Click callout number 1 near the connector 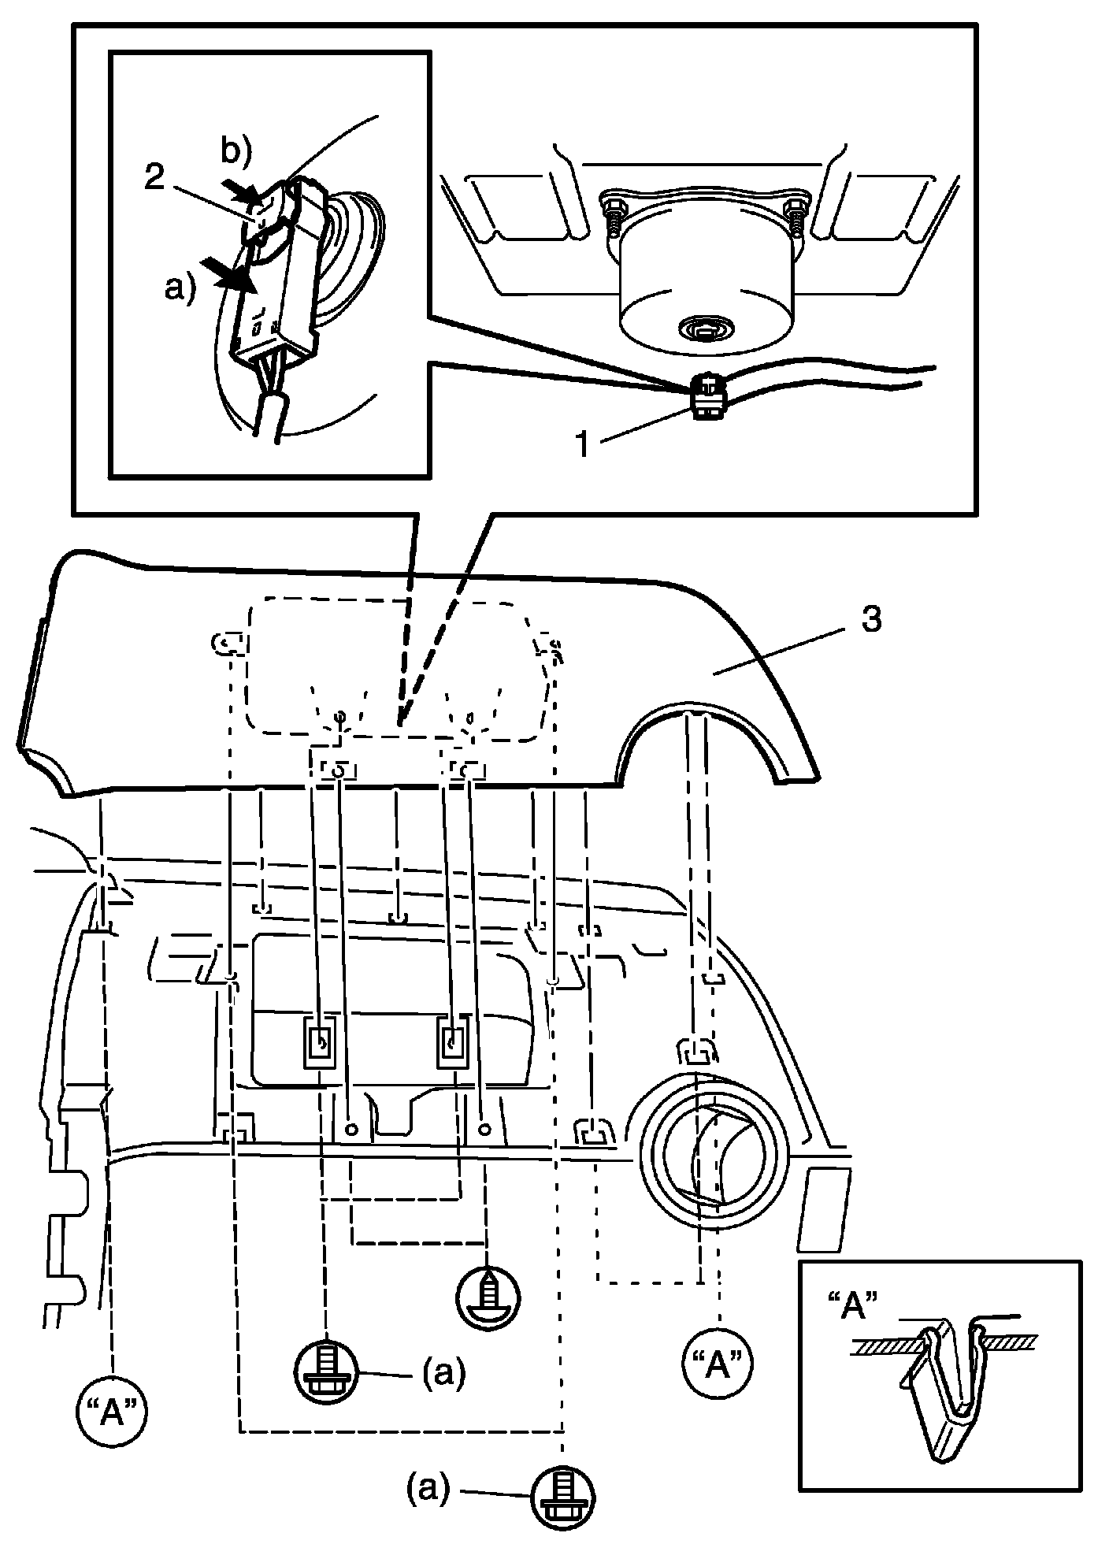pyautogui.click(x=583, y=445)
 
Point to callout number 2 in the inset pyautogui.click(x=155, y=178)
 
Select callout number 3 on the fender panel pyautogui.click(x=870, y=619)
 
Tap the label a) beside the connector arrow pyautogui.click(x=179, y=290)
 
